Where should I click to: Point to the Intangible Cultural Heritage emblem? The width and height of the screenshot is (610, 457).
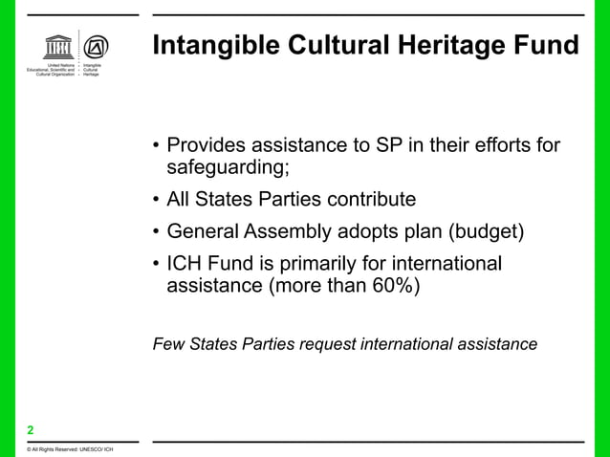click(97, 48)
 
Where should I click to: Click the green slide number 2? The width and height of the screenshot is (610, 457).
click(31, 429)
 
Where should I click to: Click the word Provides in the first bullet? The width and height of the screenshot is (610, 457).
click(205, 146)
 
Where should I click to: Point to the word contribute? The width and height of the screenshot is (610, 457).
click(370, 200)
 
